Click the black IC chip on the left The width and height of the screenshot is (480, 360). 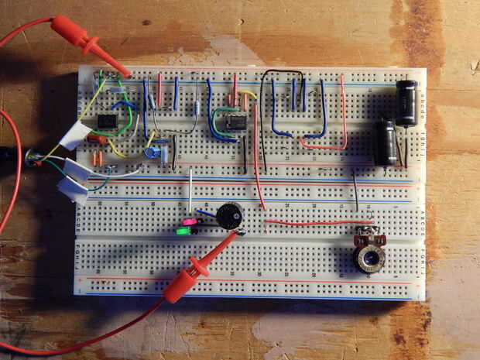[x=107, y=122]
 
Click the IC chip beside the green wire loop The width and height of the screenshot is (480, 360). [x=235, y=120]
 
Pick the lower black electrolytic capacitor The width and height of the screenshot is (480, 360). [x=385, y=142]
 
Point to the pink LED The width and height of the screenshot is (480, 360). [x=187, y=222]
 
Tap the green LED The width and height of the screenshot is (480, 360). [x=184, y=230]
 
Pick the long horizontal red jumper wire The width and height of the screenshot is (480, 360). [x=308, y=223]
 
